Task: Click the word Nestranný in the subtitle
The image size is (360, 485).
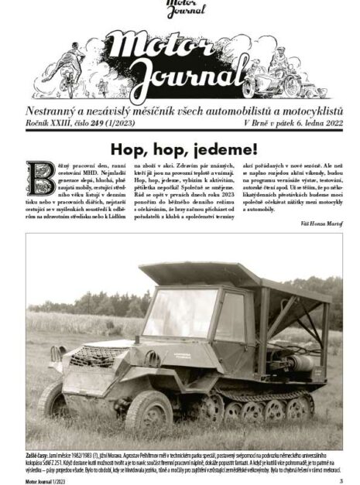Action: coord(55,111)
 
